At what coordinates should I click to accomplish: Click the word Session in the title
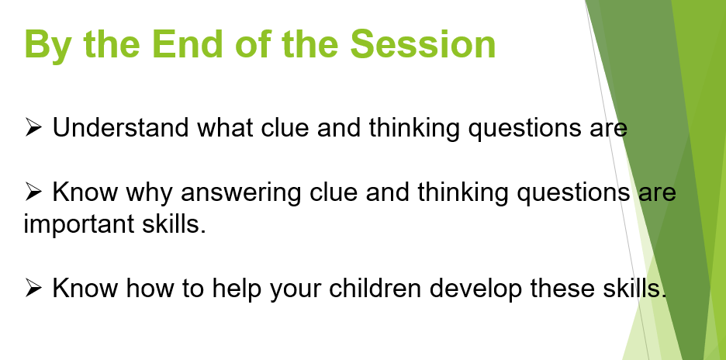(x=423, y=43)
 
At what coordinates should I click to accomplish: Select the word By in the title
(x=47, y=47)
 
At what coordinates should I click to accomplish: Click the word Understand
(x=120, y=127)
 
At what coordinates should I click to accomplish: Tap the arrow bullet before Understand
(x=33, y=127)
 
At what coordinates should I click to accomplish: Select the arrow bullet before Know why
(x=33, y=192)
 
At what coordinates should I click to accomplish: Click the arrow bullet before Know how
(x=33, y=288)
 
